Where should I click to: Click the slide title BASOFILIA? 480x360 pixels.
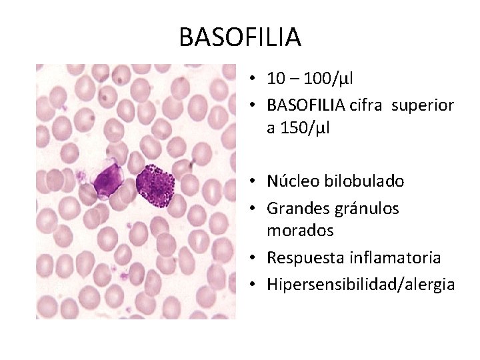point(240,37)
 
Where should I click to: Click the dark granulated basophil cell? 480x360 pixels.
point(155,185)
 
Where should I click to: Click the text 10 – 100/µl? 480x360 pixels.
point(310,79)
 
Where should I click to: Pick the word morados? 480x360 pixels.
point(300,231)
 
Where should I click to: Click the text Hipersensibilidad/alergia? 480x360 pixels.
point(361,285)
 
